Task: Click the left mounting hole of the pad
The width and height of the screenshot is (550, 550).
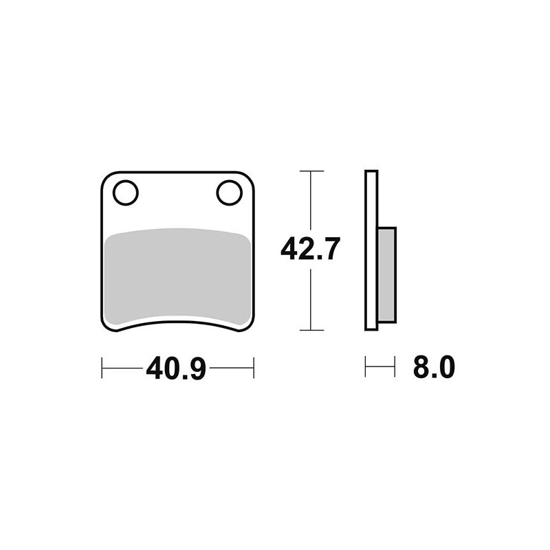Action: (126, 192)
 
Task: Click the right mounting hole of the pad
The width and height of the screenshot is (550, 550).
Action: (230, 192)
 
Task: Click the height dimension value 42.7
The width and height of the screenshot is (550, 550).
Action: (311, 249)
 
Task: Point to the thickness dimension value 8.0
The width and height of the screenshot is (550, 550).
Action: (434, 368)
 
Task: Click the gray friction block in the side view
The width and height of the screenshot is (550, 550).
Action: (387, 274)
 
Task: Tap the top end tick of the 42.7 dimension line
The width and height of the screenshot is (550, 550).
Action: (312, 170)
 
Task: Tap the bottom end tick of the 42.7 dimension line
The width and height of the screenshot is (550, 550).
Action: (312, 331)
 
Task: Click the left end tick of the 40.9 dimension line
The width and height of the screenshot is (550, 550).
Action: (102, 368)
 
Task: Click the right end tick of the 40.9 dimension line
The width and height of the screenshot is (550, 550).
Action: (254, 368)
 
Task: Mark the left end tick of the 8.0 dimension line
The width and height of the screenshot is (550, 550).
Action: (365, 367)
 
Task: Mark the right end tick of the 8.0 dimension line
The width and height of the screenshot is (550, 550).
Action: (395, 367)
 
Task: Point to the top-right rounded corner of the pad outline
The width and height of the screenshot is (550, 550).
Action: (250, 176)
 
